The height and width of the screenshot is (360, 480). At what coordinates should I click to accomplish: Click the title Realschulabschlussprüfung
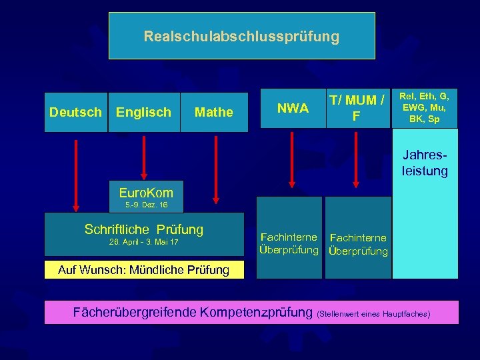[241, 36]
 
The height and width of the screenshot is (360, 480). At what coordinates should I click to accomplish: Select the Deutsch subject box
[76, 112]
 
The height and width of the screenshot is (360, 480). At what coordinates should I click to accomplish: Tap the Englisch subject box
[143, 112]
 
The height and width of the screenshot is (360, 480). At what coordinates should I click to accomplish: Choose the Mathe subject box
[213, 112]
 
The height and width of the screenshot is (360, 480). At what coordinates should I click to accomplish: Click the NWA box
[292, 108]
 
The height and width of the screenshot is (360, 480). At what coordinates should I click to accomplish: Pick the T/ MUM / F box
[357, 108]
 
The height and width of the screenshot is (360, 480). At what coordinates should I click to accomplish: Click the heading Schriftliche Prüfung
[144, 229]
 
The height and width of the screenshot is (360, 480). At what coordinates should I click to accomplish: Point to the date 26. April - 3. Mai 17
[143, 242]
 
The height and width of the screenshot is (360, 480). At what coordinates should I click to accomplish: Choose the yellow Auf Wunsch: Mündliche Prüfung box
[143, 270]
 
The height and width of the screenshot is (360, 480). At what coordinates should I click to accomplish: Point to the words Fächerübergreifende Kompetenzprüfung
[193, 312]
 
